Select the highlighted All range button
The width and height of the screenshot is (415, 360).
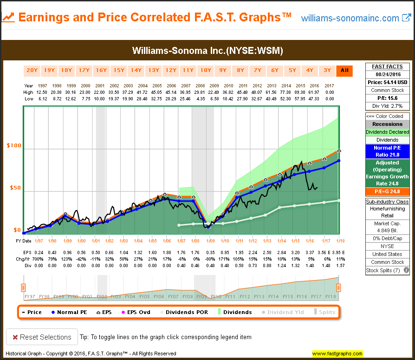coord(344,71)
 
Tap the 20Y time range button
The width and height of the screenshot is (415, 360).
coord(32,71)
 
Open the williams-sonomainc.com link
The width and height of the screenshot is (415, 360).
coord(350,18)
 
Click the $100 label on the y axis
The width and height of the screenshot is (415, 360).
coord(14,146)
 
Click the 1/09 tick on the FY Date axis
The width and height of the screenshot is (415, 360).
coord(210,241)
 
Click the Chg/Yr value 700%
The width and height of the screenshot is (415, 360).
coord(38,259)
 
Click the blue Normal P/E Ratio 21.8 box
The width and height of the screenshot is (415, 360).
coord(388,151)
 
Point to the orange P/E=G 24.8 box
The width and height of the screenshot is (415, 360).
coord(388,191)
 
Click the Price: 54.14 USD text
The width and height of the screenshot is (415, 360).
coord(388,82)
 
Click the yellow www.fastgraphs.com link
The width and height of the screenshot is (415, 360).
coord(337,353)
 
